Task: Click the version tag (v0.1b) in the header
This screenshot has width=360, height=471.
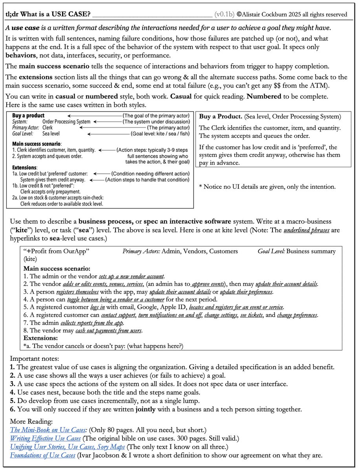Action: (225, 15)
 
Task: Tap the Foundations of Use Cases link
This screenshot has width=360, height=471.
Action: (42, 455)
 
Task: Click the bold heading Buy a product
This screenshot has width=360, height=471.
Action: (28, 116)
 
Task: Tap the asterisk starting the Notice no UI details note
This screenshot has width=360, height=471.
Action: (201, 187)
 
